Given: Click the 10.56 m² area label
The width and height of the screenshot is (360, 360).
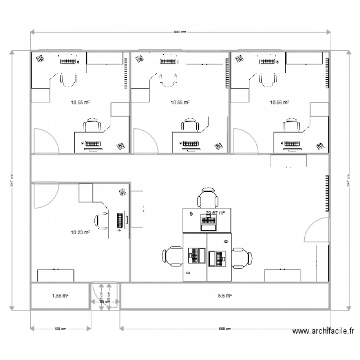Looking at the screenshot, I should coord(279,102).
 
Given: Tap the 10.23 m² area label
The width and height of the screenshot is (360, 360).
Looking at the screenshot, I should coord(80,233).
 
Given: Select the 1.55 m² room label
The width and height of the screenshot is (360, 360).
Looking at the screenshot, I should coord(60,296).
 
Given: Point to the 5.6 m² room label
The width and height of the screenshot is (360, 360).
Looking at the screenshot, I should coord(225,296).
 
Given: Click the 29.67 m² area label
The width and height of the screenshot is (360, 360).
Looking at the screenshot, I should coord(216,213).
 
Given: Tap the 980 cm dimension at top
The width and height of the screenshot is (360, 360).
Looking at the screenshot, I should coord(180,32).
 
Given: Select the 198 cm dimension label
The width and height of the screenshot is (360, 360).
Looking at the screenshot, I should coord(60,329).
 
